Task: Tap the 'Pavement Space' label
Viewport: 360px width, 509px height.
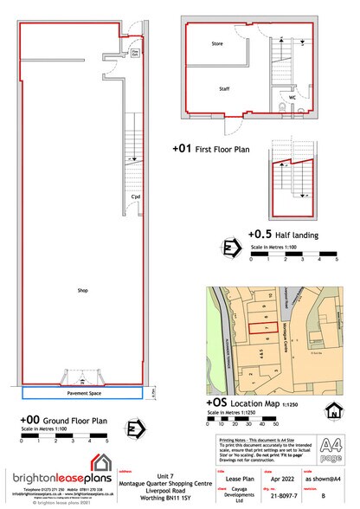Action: [82, 392]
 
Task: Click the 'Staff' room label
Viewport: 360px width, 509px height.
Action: [224, 89]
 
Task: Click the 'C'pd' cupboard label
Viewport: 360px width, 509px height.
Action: [135, 197]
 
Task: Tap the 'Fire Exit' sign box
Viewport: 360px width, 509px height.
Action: [135, 54]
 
